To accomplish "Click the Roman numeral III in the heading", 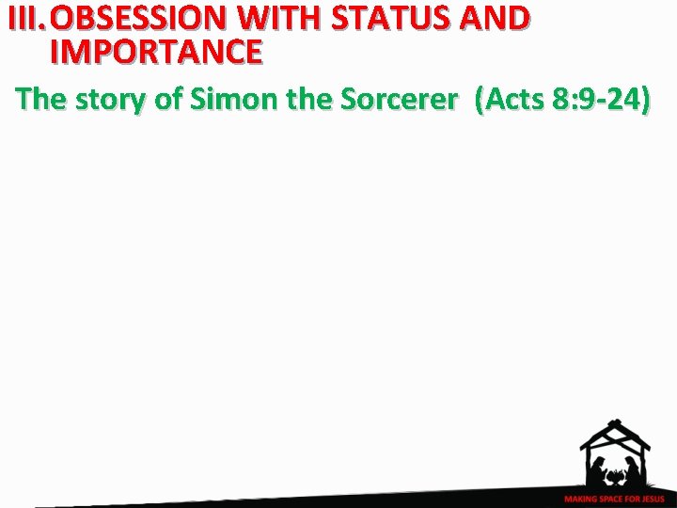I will [x=24, y=19].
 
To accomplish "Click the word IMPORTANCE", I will [x=155, y=52].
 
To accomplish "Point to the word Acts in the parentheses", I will [x=513, y=101].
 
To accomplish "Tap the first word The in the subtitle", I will [x=39, y=101].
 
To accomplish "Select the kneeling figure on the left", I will [x=597, y=469].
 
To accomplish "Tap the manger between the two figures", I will [x=615, y=477].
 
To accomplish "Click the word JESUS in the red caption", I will [x=651, y=499].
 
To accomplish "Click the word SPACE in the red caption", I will [x=608, y=499].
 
